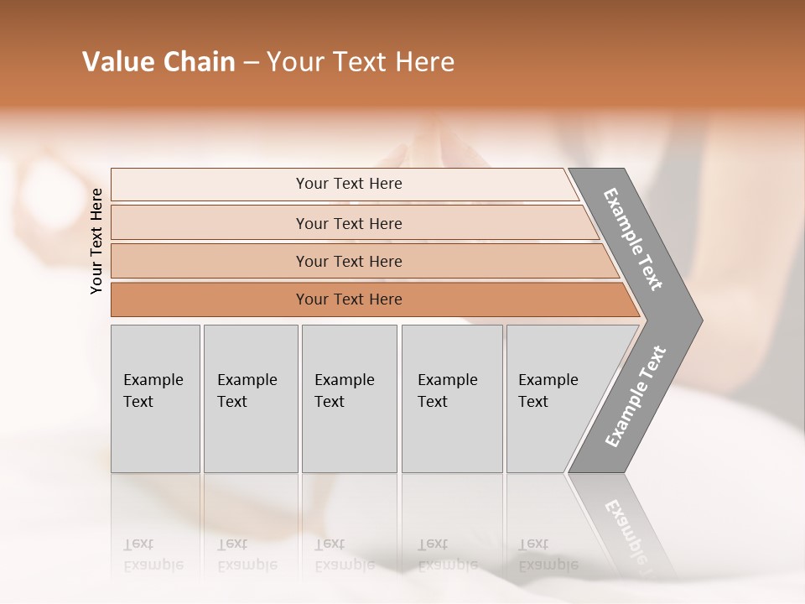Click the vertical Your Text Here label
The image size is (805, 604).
[x=96, y=241]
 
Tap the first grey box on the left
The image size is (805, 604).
[x=155, y=398]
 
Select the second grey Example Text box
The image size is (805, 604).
[x=251, y=398]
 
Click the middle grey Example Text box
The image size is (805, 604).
[x=349, y=398]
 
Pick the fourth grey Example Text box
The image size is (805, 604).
[x=452, y=398]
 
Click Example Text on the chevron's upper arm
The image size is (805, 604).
[x=633, y=239]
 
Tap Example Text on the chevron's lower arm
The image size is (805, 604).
[x=635, y=397]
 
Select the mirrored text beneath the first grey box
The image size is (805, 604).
[x=153, y=555]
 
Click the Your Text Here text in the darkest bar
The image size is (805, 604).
[x=349, y=299]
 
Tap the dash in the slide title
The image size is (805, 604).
[x=251, y=63]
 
